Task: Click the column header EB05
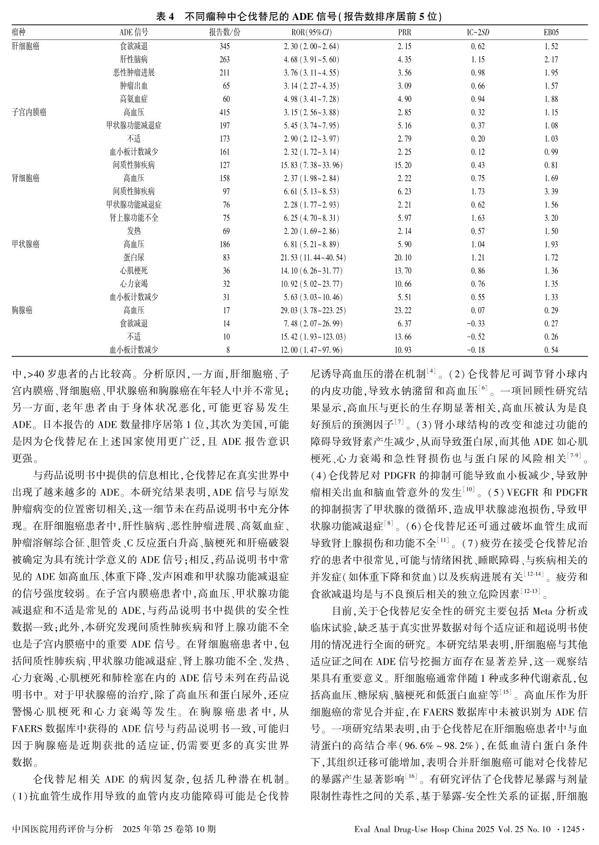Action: click(x=551, y=33)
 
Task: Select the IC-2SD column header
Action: click(x=478, y=33)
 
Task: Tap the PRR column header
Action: click(x=404, y=33)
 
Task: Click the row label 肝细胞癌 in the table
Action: click(x=26, y=46)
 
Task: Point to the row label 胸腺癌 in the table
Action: click(x=22, y=310)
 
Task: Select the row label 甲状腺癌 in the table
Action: click(x=26, y=244)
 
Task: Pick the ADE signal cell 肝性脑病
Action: click(x=134, y=59)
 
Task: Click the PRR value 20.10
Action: click(x=403, y=257)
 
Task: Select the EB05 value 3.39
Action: click(x=551, y=191)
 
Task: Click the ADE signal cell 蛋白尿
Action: click(x=134, y=257)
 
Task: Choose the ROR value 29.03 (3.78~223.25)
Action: click(x=313, y=310)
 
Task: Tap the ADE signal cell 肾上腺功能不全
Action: click(x=134, y=218)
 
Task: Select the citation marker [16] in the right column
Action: click(x=411, y=776)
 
